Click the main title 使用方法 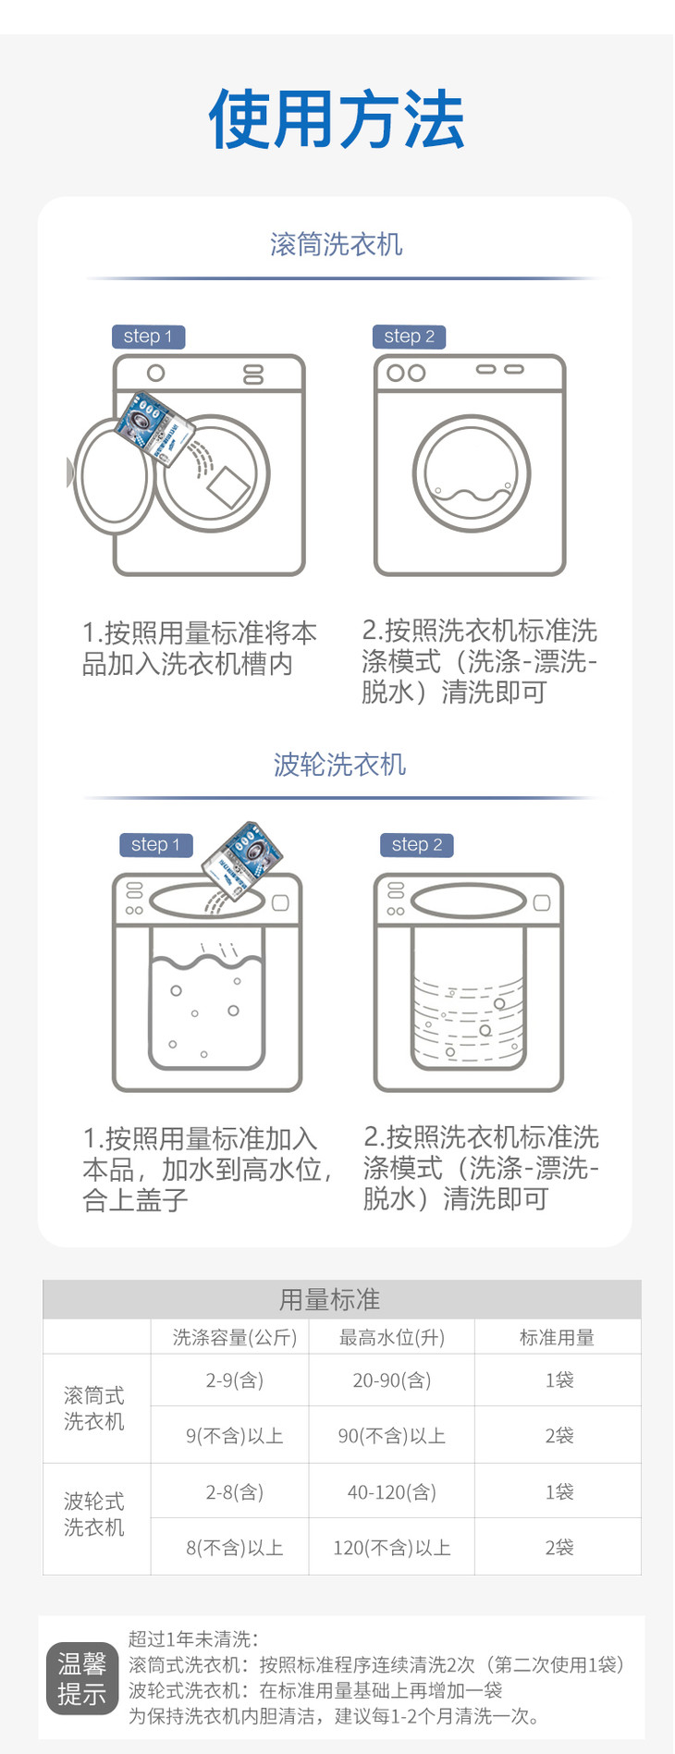(336, 120)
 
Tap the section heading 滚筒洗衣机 (337, 244)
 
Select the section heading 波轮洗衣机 (339, 765)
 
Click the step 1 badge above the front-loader (148, 337)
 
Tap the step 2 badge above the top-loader (417, 844)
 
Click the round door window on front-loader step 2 (472, 473)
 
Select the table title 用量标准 (330, 1300)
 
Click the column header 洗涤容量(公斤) (235, 1338)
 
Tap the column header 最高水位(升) (392, 1338)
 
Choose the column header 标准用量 (557, 1338)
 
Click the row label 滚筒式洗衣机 (94, 1408)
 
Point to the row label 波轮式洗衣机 (94, 1515)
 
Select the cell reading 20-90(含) (392, 1380)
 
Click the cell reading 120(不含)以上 (392, 1548)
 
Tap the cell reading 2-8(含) (235, 1492)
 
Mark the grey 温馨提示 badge (82, 1678)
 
